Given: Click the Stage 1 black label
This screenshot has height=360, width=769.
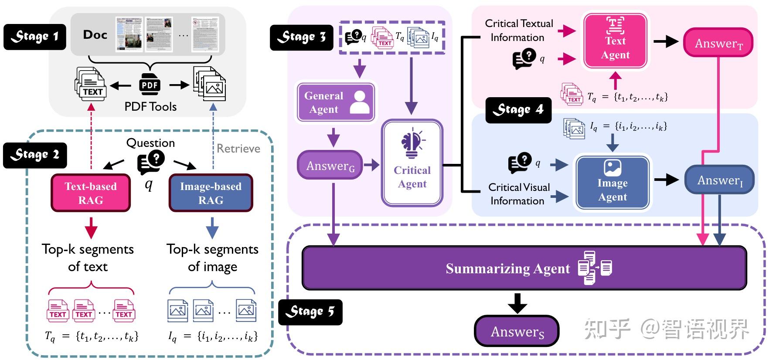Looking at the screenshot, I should [34, 36].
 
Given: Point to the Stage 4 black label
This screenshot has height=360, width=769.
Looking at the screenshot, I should [518, 110].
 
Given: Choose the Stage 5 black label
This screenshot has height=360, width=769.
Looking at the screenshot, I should [310, 312].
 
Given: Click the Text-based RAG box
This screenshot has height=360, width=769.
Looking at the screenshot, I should [91, 193].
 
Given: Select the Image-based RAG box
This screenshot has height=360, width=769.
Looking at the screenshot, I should [211, 193].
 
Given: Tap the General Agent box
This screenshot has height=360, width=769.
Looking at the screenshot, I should [336, 102].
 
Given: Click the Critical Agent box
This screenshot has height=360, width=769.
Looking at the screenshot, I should [412, 163].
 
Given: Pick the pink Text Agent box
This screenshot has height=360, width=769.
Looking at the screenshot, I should [615, 41].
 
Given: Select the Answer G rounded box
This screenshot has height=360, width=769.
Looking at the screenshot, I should [330, 166].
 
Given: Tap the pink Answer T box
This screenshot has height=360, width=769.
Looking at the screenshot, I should [718, 43].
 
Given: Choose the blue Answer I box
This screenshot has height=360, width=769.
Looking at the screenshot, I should [719, 180].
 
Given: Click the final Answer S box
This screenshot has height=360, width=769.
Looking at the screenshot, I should [517, 332].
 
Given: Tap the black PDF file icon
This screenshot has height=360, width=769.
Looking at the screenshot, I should [150, 85].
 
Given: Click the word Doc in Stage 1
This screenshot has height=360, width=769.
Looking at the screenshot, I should [95, 35].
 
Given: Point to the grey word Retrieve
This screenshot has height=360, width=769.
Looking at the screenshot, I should [238, 149].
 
